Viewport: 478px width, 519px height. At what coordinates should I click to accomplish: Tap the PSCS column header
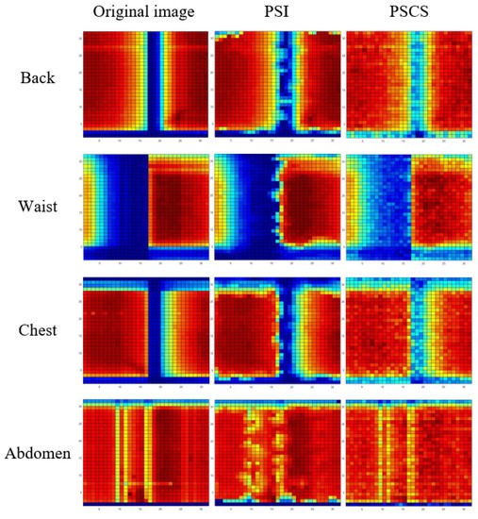point(408,13)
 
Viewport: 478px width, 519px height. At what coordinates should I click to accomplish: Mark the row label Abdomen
point(38,454)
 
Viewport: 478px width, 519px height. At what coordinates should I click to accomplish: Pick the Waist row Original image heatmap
point(144,206)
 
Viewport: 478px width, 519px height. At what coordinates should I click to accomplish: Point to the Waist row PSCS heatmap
point(408,206)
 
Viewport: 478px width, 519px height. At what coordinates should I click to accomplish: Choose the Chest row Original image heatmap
point(144,329)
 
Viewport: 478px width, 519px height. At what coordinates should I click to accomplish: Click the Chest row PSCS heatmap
point(408,329)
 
